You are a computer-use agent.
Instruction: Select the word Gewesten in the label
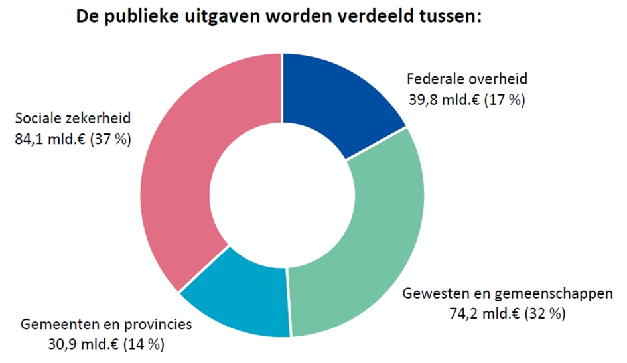431,293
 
